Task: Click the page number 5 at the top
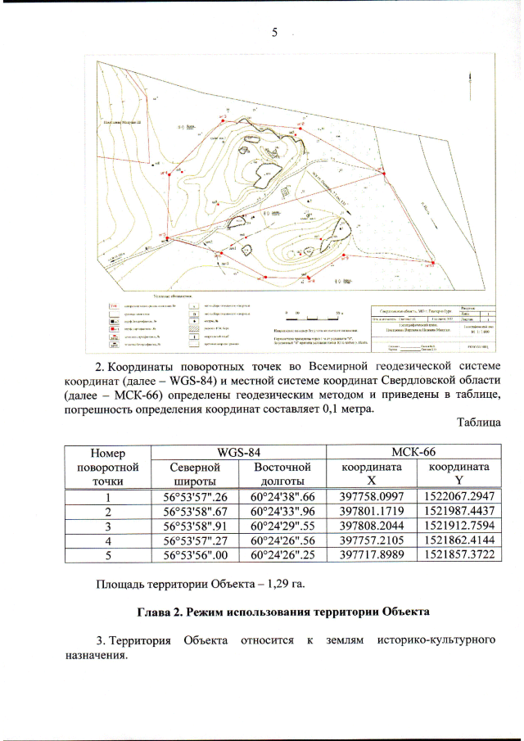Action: (275, 33)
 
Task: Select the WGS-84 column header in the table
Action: (238, 453)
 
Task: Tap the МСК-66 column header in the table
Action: (413, 453)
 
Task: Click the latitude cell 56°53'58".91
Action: (196, 526)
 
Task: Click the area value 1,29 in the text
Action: (274, 584)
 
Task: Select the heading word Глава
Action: (153, 612)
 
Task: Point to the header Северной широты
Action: (196, 474)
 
